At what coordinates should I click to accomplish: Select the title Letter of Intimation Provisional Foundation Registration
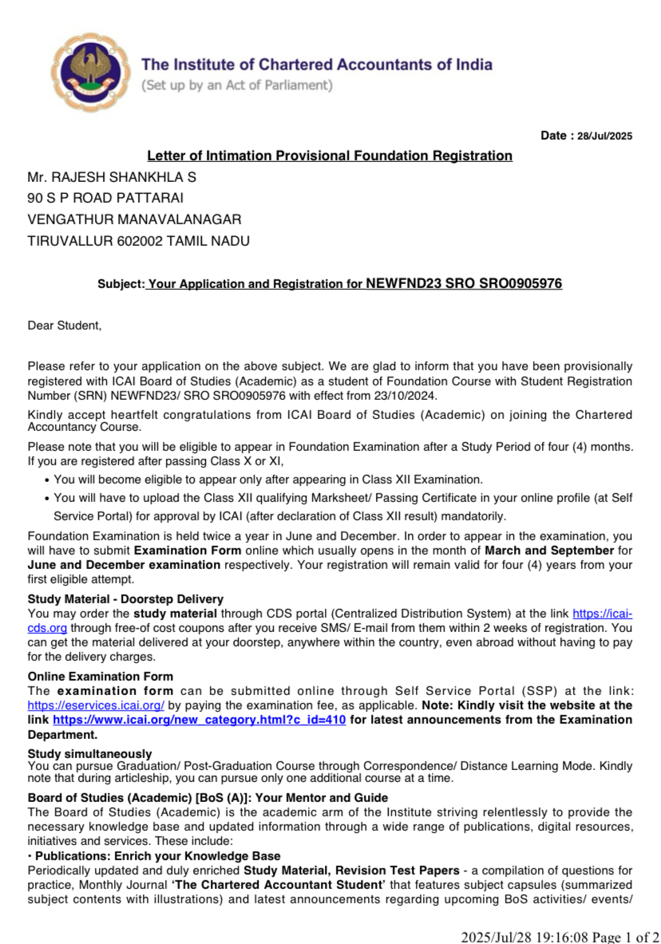(330, 156)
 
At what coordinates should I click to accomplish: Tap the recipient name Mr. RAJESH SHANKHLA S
(112, 177)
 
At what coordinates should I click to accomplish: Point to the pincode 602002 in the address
(140, 240)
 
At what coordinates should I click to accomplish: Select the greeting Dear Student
(65, 326)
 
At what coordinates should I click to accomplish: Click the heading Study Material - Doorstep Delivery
(125, 599)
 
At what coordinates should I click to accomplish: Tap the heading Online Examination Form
(100, 677)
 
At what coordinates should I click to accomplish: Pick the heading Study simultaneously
(89, 753)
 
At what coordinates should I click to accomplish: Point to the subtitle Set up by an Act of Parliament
(236, 85)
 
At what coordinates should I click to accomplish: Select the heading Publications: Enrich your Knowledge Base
(156, 856)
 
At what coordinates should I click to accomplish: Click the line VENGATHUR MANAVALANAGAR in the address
(134, 219)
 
